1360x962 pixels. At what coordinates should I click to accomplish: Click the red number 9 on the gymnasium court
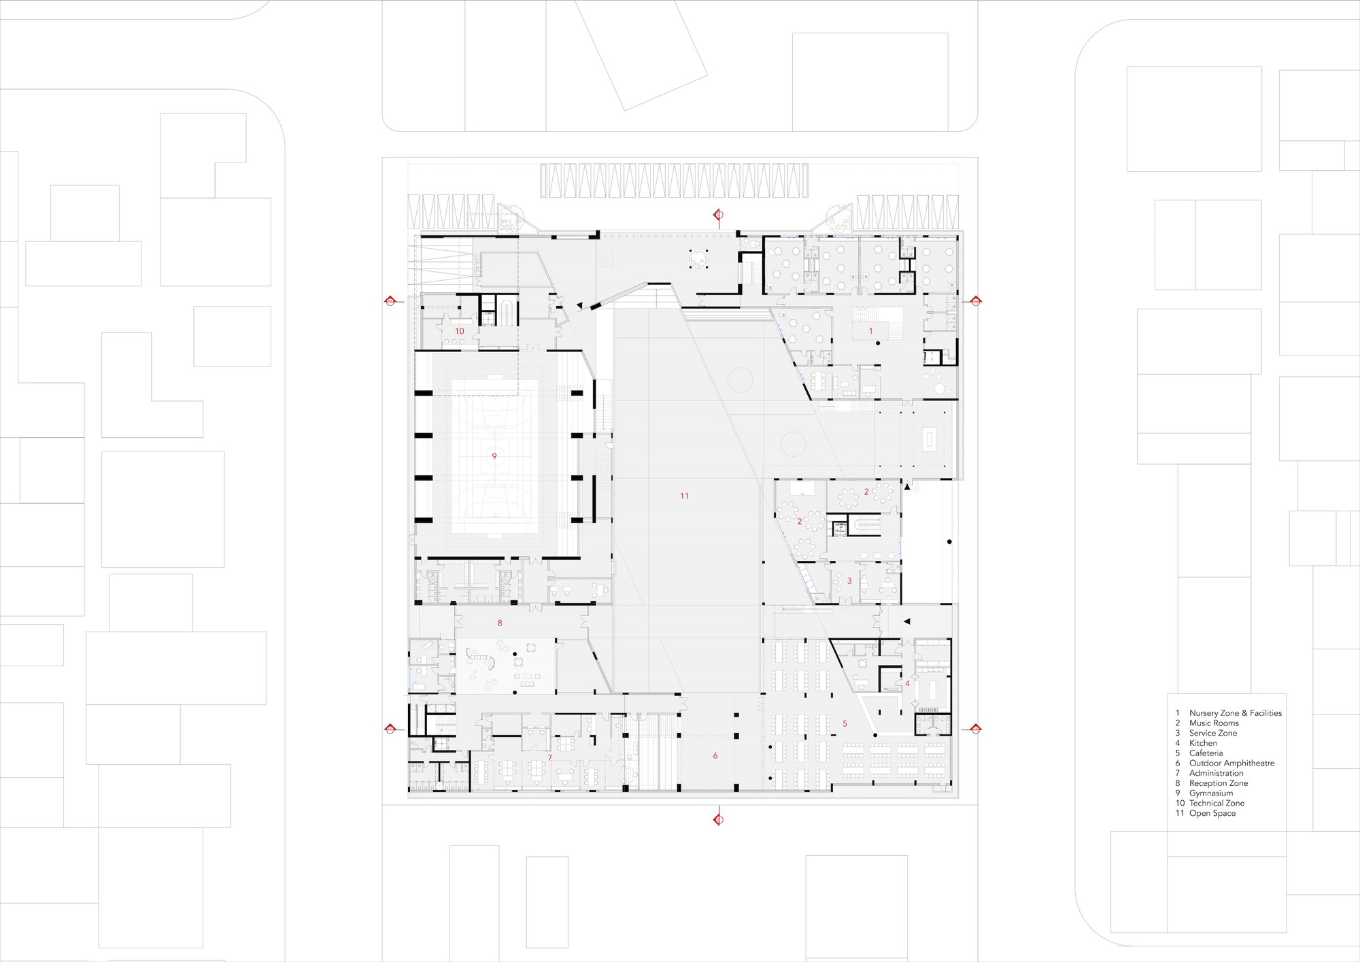(x=494, y=456)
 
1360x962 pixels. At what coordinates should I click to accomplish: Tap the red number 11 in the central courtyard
(x=684, y=496)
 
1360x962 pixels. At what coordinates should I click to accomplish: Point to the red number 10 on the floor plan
(x=460, y=331)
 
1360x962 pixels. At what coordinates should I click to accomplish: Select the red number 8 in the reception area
(x=500, y=623)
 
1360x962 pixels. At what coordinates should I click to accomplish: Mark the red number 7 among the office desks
(x=549, y=757)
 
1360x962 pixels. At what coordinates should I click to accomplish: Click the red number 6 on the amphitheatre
(x=715, y=755)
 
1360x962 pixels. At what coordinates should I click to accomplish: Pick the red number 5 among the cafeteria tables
(x=845, y=723)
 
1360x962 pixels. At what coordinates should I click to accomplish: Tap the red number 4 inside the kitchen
(x=907, y=683)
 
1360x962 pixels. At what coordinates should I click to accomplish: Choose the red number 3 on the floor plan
(x=849, y=581)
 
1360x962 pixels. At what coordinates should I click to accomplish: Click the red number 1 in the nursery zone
(x=870, y=331)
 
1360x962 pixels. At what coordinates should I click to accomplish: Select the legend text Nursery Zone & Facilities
(x=1235, y=713)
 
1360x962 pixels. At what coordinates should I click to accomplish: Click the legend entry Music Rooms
(x=1214, y=723)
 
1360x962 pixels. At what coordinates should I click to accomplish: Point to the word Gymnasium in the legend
(x=1210, y=793)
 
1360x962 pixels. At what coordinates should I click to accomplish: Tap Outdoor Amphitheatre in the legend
(x=1231, y=763)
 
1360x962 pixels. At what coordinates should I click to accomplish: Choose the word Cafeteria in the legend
(x=1206, y=753)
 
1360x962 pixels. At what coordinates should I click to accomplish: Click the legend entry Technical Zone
(x=1217, y=804)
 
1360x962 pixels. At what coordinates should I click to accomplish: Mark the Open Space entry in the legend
(x=1212, y=813)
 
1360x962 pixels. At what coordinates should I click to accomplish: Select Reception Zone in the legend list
(x=1219, y=783)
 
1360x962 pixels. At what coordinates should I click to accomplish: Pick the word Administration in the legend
(x=1216, y=773)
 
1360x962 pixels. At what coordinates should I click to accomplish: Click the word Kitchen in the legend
(x=1203, y=743)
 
